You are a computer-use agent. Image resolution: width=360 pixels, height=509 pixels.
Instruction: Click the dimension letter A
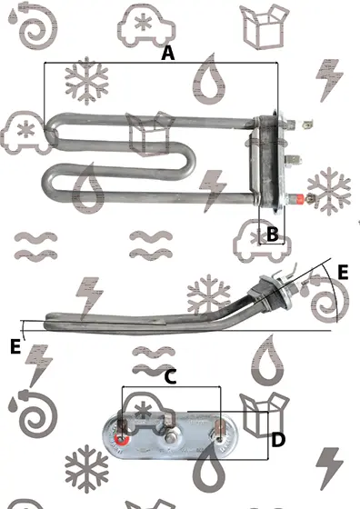167,54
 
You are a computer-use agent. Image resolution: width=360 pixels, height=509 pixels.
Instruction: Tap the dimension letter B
272,235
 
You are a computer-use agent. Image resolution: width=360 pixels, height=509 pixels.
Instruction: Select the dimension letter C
170,377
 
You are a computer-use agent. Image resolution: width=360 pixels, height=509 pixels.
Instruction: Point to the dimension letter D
278,440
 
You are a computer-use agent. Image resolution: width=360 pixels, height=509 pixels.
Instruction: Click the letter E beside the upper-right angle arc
343,272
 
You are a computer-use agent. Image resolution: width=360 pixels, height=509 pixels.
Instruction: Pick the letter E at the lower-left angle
15,346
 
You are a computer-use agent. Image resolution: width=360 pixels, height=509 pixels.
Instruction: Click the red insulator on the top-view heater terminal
298,198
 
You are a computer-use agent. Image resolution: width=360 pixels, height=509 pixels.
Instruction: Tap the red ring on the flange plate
122,440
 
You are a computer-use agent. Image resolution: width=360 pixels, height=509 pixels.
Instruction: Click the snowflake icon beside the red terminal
329,191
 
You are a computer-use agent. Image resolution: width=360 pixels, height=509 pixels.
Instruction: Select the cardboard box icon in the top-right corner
265,26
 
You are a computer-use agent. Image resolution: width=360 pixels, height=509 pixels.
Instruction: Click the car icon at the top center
146,26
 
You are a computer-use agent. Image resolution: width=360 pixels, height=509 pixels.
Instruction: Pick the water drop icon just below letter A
209,80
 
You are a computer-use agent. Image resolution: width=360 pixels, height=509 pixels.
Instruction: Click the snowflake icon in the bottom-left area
86,468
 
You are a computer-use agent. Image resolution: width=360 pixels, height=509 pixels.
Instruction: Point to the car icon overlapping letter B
262,241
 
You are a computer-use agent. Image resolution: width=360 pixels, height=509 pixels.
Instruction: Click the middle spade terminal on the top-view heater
293,160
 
